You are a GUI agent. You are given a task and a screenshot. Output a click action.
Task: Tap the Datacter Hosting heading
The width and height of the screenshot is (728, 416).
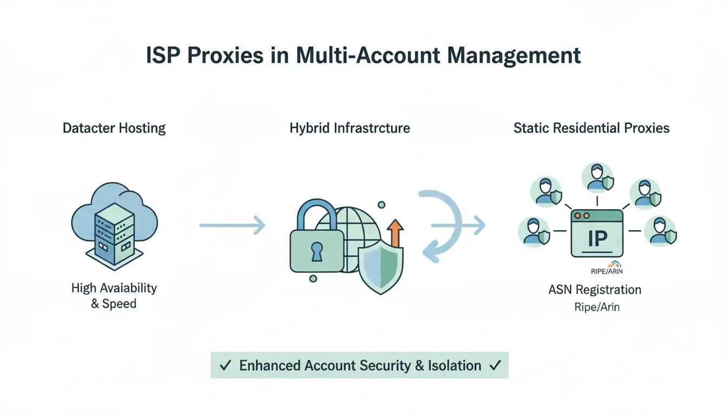click(114, 128)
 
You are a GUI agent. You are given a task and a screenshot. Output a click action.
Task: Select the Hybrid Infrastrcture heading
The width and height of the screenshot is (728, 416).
click(349, 128)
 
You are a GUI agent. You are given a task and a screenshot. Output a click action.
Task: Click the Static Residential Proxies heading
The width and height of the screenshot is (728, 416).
click(591, 128)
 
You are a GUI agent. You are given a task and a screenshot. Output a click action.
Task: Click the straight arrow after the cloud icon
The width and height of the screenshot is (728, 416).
click(232, 224)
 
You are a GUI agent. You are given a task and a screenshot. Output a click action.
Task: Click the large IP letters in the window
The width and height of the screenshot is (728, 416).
click(597, 239)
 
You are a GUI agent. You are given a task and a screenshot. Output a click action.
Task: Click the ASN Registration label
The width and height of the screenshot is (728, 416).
click(595, 290)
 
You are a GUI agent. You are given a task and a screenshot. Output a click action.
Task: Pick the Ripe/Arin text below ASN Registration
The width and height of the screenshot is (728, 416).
click(596, 307)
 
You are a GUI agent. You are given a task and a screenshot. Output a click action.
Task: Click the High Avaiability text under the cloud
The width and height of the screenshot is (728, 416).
click(114, 288)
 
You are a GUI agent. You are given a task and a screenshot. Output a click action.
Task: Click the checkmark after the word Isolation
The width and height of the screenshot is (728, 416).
click(495, 366)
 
